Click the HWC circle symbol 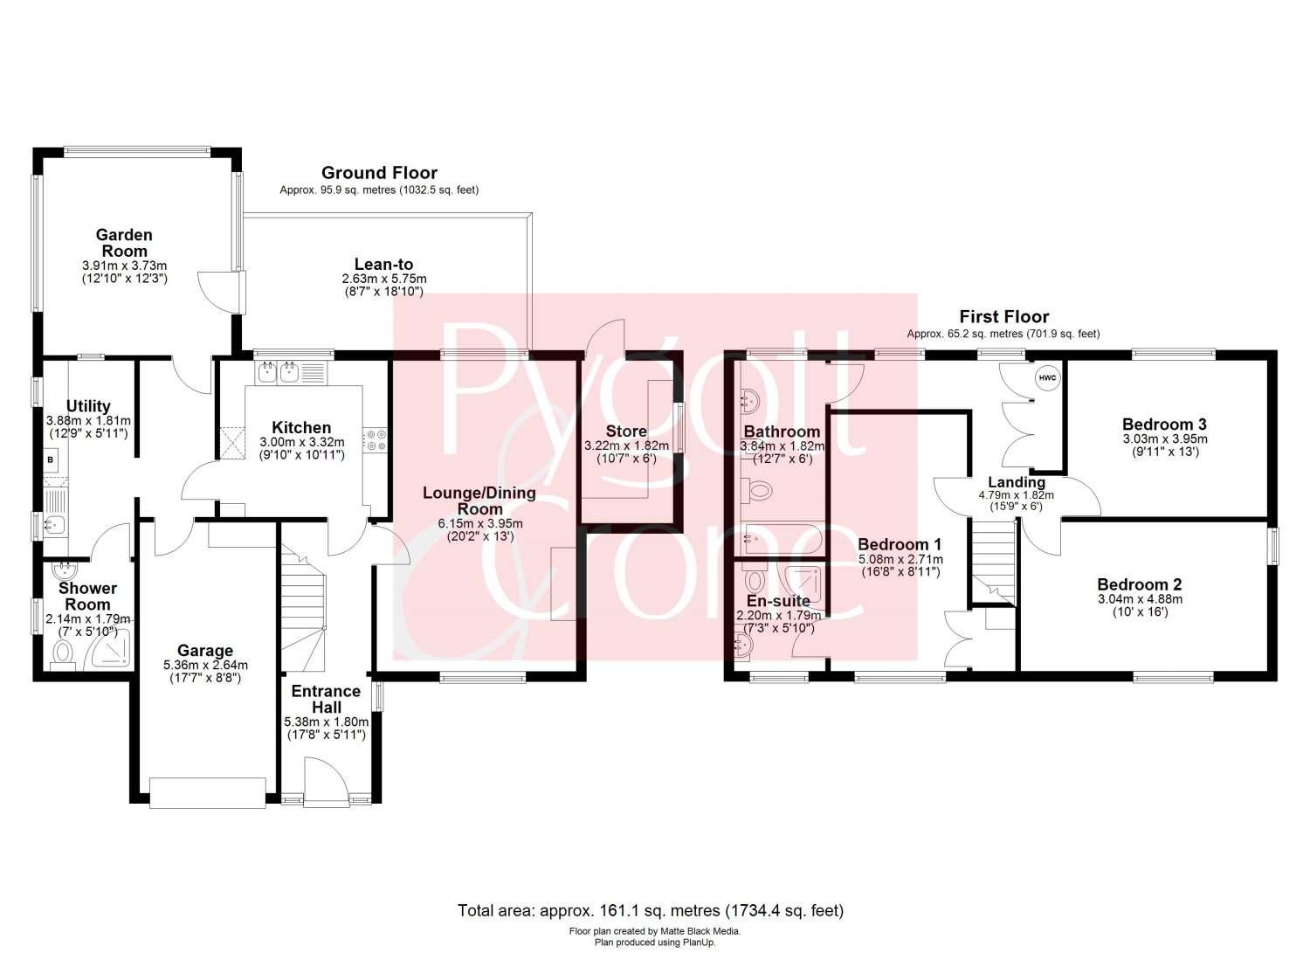pyautogui.click(x=1047, y=378)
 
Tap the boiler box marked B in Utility pyautogui.click(x=51, y=460)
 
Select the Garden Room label pyautogui.click(x=124, y=243)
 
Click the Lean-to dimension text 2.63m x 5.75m pyautogui.click(x=384, y=279)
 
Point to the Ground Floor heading pyautogui.click(x=379, y=173)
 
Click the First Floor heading pyautogui.click(x=1004, y=317)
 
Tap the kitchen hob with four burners pyautogui.click(x=376, y=440)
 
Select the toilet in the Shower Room pyautogui.click(x=62, y=654)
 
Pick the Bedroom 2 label pyautogui.click(x=1139, y=584)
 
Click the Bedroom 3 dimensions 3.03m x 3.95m pyautogui.click(x=1165, y=439)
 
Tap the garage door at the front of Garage pyautogui.click(x=208, y=792)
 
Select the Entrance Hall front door pyautogui.click(x=327, y=782)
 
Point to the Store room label pyautogui.click(x=626, y=432)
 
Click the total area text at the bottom pyautogui.click(x=651, y=910)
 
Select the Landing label pyautogui.click(x=1017, y=483)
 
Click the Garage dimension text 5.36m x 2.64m pyautogui.click(x=206, y=665)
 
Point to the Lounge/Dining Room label pyautogui.click(x=479, y=501)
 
